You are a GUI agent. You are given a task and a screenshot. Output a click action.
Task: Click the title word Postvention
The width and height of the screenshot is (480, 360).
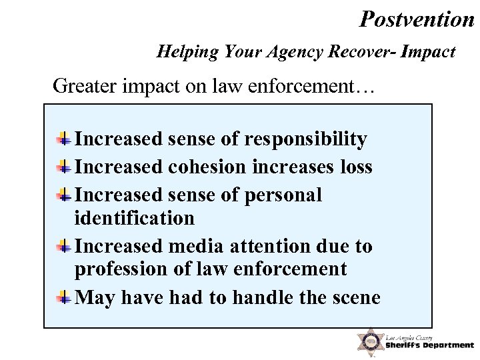416,19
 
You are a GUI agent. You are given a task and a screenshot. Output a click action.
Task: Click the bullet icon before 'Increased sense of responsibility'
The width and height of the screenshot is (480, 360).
65,139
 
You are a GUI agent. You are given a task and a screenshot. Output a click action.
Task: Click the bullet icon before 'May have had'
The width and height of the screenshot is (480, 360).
65,297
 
